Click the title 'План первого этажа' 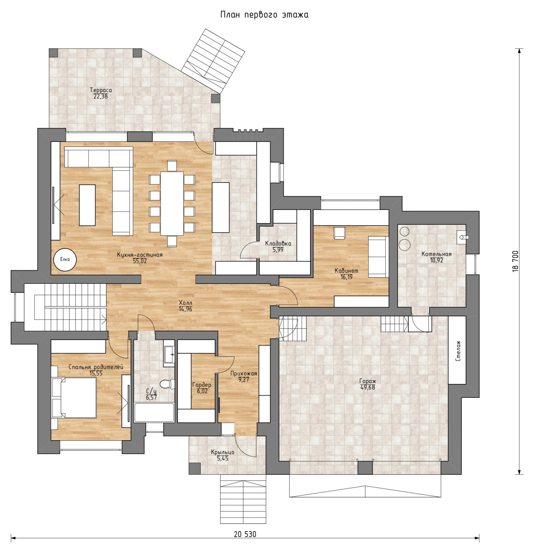pyautogui.click(x=264, y=15)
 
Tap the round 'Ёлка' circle pyautogui.click(x=65, y=260)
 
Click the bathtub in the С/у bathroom pyautogui.click(x=154, y=412)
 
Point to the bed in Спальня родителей pyautogui.click(x=74, y=398)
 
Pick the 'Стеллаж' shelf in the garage pyautogui.click(x=457, y=350)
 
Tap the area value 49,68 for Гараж pyautogui.click(x=368, y=387)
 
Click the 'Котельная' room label pyautogui.click(x=436, y=254)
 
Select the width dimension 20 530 pyautogui.click(x=245, y=534)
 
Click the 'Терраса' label pyautogui.click(x=101, y=90)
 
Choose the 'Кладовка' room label pyautogui.click(x=278, y=243)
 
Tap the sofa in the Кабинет pyautogui.click(x=378, y=257)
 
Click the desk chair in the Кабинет pyautogui.click(x=339, y=233)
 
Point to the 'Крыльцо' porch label pyautogui.click(x=223, y=452)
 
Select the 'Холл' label pyautogui.click(x=185, y=303)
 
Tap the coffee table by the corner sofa pyautogui.click(x=87, y=205)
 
